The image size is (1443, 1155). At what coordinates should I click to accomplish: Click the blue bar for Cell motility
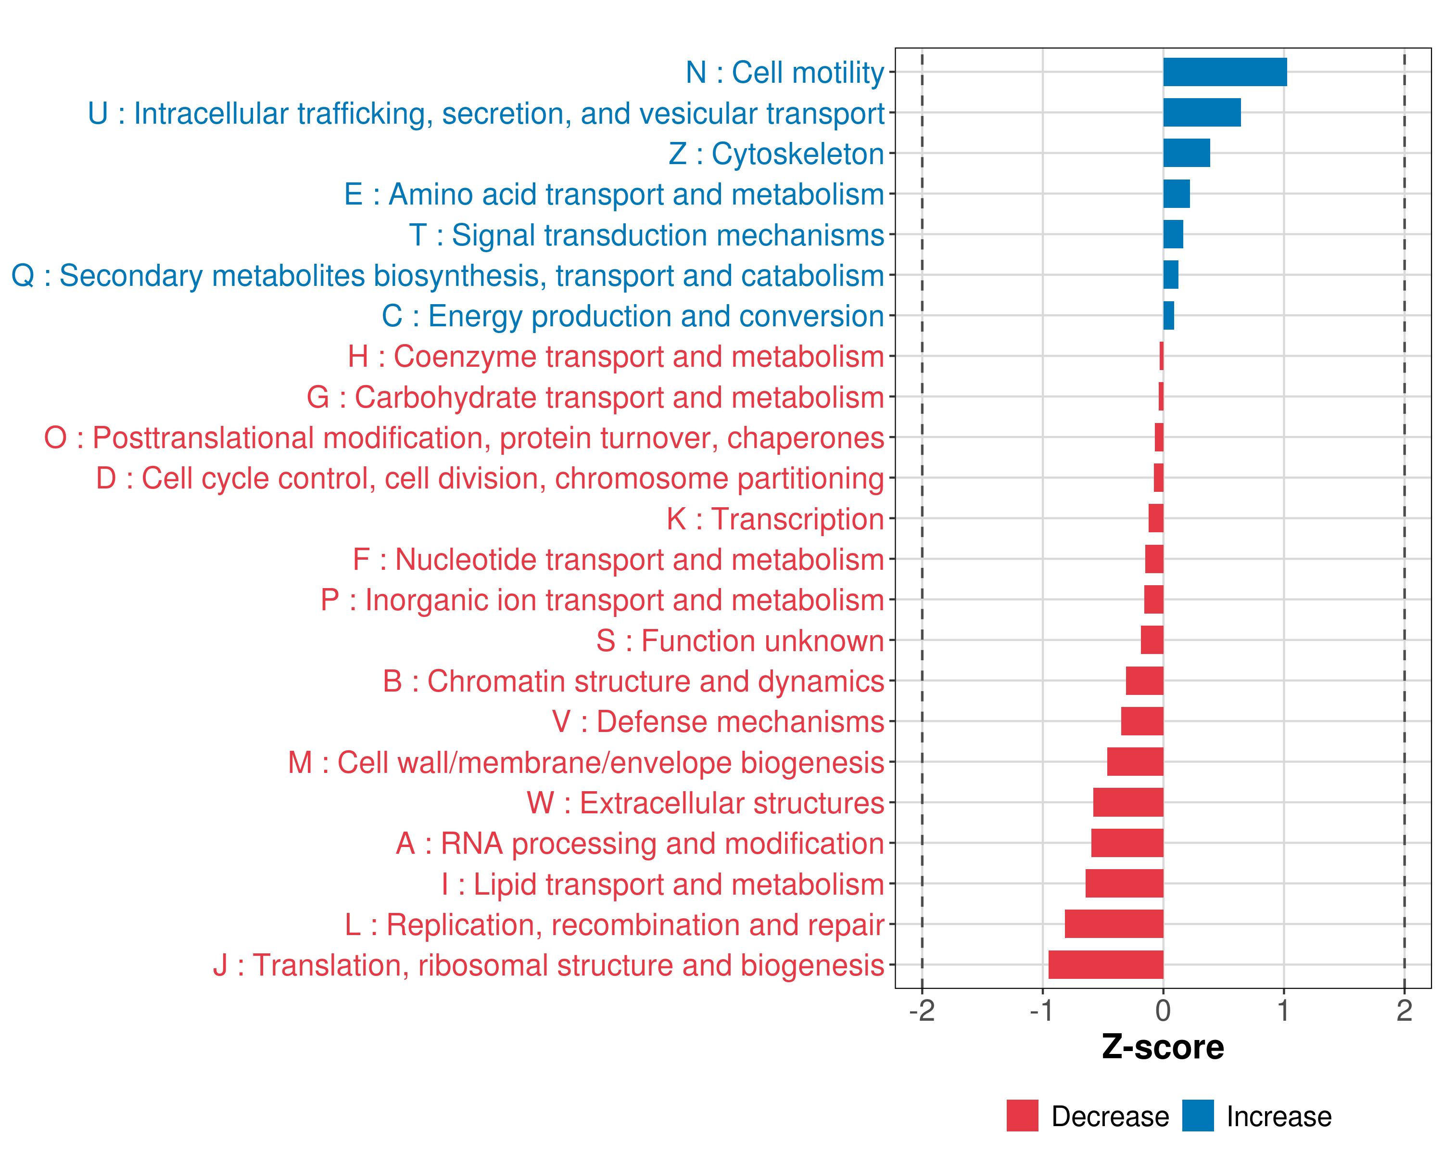[1224, 72]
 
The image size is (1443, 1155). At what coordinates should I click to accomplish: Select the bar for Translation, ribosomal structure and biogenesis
[1106, 965]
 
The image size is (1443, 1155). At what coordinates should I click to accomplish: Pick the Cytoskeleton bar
[1186, 154]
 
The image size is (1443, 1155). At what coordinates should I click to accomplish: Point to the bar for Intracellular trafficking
[1202, 113]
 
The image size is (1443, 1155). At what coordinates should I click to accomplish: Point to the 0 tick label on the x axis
[1163, 1011]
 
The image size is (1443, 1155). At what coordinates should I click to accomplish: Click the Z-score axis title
[1163, 1047]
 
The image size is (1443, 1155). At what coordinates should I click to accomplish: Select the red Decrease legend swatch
[1022, 1116]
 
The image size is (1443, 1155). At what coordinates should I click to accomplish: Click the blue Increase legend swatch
[1197, 1116]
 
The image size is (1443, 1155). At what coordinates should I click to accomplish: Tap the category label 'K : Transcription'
[775, 519]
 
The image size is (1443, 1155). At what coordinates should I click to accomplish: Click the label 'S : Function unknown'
[740, 641]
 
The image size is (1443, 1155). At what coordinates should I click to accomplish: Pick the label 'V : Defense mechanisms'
[718, 722]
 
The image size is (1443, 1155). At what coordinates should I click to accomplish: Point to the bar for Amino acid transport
[1176, 194]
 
